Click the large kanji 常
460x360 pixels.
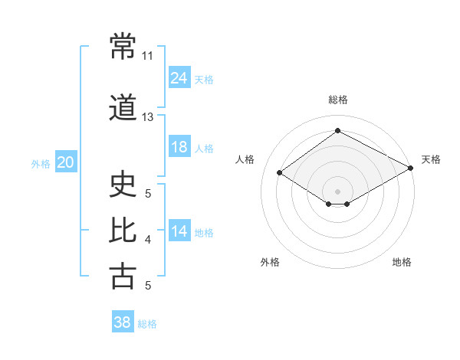(x=123, y=46)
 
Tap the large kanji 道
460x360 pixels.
(x=123, y=107)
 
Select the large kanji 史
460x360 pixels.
(x=123, y=184)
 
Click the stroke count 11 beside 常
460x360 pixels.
(x=147, y=56)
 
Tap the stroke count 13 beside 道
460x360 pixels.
(x=147, y=117)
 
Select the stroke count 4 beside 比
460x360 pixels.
(x=148, y=240)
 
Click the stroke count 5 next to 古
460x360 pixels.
(x=148, y=285)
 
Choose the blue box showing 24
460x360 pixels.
(x=179, y=77)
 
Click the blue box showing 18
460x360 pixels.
(x=179, y=146)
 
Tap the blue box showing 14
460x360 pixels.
(x=179, y=230)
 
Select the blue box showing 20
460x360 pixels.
(x=66, y=162)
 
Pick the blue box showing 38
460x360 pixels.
(x=123, y=321)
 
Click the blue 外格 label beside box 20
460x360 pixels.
(x=41, y=164)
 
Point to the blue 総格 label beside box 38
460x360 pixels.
(x=147, y=324)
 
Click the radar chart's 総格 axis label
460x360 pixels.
(x=338, y=100)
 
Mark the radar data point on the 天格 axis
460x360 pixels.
(x=411, y=168)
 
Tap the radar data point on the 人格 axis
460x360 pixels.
(x=280, y=172)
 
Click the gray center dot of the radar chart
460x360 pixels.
(x=337, y=191)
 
